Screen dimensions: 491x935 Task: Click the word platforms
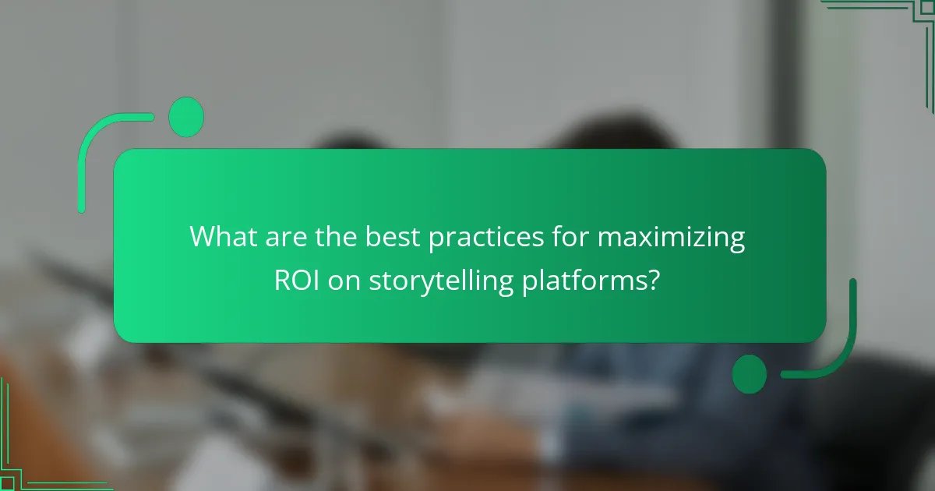click(x=580, y=280)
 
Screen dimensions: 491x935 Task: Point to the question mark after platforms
click(x=653, y=280)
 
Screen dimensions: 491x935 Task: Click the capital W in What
click(x=204, y=237)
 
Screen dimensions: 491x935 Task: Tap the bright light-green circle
click(x=186, y=118)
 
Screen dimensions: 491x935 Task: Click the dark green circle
click(x=750, y=373)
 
